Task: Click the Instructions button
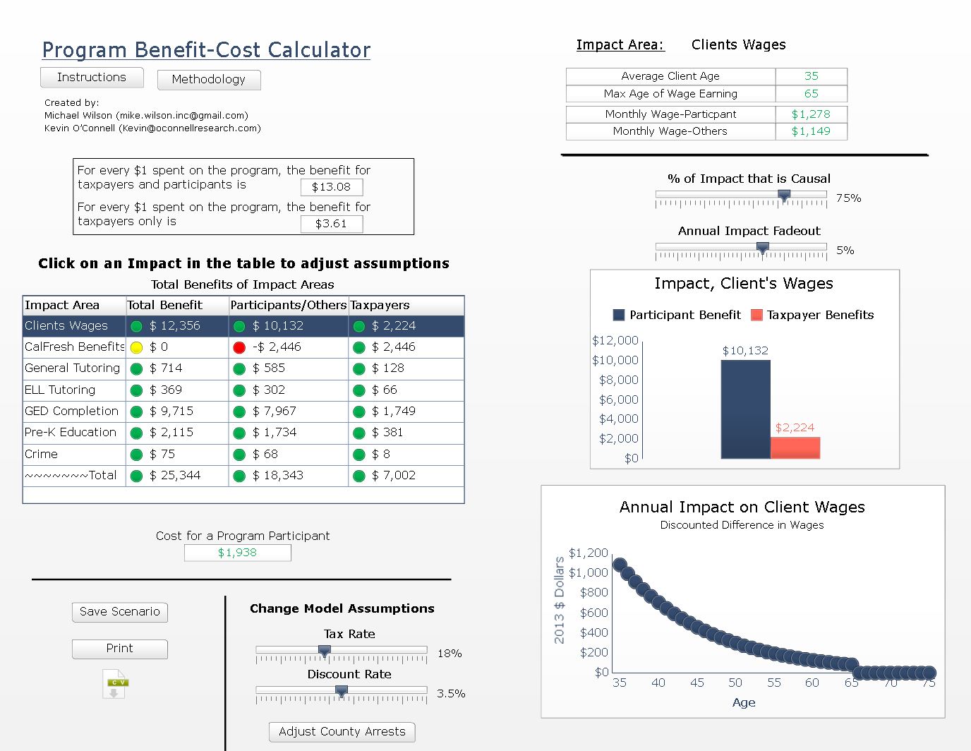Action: (92, 78)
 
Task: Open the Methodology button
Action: (209, 80)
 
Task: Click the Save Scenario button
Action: (120, 612)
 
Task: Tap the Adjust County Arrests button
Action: (342, 732)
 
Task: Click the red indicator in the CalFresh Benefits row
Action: (239, 347)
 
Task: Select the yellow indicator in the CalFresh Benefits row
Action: (136, 347)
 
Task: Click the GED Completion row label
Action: (72, 411)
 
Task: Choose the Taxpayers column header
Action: (380, 306)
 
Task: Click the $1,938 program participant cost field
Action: (237, 553)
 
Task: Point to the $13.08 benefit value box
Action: (332, 187)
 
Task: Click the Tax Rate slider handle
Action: (325, 651)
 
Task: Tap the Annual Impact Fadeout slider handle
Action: (762, 248)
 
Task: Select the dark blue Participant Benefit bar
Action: (745, 409)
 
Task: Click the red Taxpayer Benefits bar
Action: (795, 447)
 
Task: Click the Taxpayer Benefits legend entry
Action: (812, 315)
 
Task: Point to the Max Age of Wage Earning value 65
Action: (812, 94)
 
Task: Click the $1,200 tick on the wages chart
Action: (589, 553)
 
